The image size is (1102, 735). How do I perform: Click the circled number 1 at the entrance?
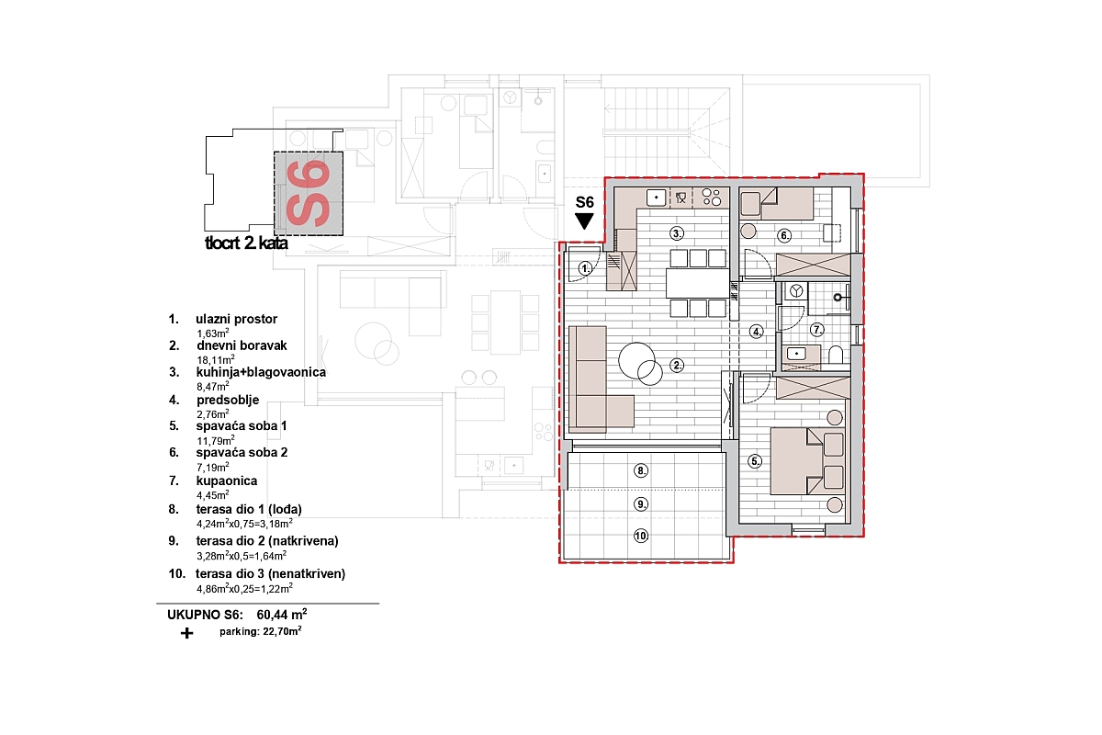pos(585,269)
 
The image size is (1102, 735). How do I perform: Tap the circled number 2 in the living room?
pos(677,366)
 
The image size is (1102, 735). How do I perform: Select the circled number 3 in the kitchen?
pos(678,233)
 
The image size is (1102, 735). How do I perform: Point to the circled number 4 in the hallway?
pos(757,332)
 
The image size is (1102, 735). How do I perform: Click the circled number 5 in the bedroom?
pos(755,461)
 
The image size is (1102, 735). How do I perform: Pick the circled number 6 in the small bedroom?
pos(784,236)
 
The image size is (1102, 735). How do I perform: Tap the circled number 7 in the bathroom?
pos(817,329)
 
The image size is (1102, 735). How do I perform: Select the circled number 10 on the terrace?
pos(641,536)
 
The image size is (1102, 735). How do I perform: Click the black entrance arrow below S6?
pos(584,221)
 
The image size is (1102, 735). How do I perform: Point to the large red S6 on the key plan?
pos(308,194)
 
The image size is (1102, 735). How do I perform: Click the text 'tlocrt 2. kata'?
pos(246,243)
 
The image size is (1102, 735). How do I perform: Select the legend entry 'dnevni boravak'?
pos(242,345)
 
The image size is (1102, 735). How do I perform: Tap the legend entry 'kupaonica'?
pos(227,481)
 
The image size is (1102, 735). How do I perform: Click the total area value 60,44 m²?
pos(282,615)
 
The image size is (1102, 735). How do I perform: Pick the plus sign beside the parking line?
pos(186,633)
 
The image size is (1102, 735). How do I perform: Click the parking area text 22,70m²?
pos(283,631)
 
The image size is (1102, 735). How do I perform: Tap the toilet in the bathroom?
pos(836,355)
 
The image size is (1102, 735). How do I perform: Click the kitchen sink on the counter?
pos(656,198)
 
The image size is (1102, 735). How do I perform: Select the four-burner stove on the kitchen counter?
pos(712,197)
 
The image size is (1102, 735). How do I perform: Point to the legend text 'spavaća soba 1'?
pos(242,425)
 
